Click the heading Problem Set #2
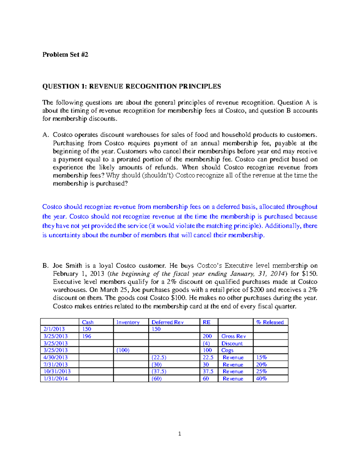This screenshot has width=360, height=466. (65, 55)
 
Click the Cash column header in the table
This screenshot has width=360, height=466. (88, 322)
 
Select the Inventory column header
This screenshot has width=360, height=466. (128, 322)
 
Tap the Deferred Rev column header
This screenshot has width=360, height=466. (167, 322)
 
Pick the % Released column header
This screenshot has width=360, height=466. (270, 322)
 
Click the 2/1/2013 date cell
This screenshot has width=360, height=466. (54, 329)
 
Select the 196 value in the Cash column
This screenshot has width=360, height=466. (87, 336)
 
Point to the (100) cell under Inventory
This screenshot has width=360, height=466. (123, 350)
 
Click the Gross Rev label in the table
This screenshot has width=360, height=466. (233, 336)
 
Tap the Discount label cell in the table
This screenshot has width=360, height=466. (232, 344)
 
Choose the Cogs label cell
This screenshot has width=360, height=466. (227, 350)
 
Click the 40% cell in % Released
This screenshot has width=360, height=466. (261, 379)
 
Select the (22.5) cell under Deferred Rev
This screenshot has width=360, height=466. (159, 358)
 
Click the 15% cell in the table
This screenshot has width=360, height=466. (261, 358)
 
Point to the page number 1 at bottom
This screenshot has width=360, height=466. (179, 434)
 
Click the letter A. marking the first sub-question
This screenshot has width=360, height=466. (45, 135)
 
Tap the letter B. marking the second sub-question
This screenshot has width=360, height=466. (45, 266)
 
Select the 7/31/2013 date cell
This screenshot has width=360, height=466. (55, 365)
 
